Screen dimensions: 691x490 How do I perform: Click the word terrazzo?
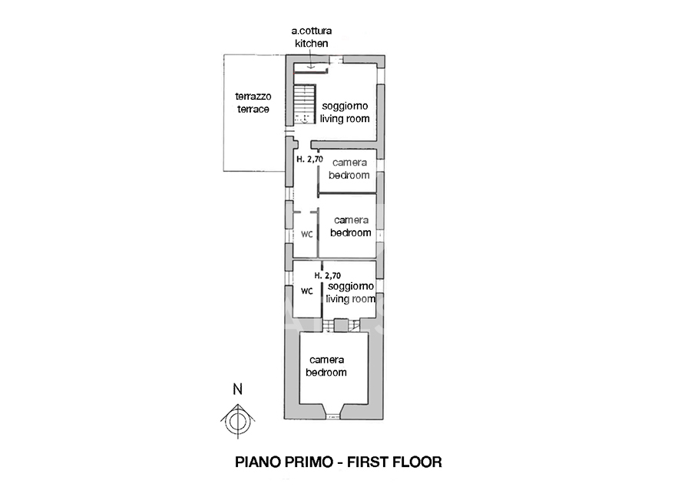tap(253, 96)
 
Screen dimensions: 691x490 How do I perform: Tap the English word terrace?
tap(253, 109)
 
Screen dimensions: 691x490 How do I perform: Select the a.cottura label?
tap(312, 31)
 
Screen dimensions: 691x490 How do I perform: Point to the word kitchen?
tap(312, 43)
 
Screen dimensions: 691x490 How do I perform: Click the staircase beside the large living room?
tap(305, 104)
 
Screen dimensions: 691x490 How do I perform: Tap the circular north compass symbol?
tap(238, 421)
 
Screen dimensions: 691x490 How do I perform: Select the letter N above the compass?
tap(238, 390)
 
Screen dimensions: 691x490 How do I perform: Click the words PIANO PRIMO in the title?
tap(284, 462)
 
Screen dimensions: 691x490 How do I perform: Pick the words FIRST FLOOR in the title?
tap(395, 462)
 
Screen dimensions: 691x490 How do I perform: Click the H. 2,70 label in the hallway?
tap(309, 159)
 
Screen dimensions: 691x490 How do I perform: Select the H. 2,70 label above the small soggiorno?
tap(327, 275)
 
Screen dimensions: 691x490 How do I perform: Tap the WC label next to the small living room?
tap(306, 291)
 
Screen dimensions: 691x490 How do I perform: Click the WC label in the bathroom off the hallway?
tap(306, 234)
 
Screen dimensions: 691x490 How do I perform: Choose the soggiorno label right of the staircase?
tap(345, 106)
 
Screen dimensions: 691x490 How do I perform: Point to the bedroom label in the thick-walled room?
tap(326, 373)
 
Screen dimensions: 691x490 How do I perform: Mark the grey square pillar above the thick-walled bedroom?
tap(341, 325)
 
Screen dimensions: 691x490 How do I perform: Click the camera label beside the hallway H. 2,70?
tap(349, 163)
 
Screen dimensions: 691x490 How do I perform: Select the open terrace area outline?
tap(223, 113)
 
